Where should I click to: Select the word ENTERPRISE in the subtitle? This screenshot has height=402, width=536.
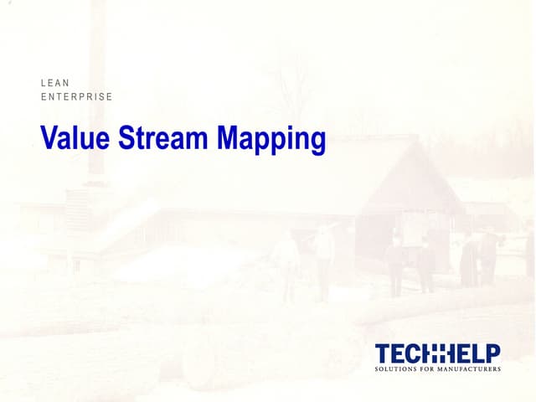pyautogui.click(x=76, y=97)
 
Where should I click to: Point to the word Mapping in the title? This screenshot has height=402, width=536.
pyautogui.click(x=271, y=140)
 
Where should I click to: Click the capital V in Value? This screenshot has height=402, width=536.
pyautogui.click(x=49, y=138)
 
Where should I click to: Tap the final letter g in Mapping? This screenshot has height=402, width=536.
pyautogui.click(x=317, y=142)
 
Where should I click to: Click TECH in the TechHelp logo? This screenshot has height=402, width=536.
pyautogui.click(x=402, y=353)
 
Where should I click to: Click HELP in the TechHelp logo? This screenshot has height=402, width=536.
pyautogui.click(x=474, y=353)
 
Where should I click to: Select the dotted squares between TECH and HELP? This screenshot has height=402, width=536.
pyautogui.click(x=439, y=353)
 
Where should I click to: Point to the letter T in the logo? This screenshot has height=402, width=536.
pyautogui.click(x=383, y=353)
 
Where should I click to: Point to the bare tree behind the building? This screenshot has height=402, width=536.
pyautogui.click(x=289, y=92)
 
